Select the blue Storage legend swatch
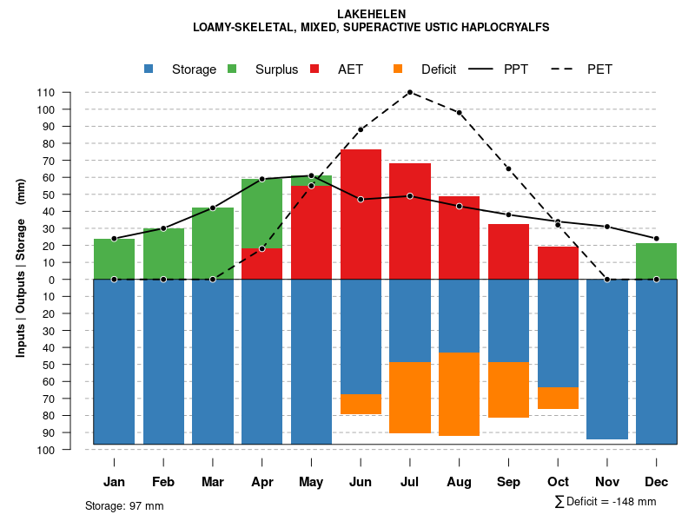149,69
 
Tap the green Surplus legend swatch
233,69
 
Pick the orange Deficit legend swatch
399,69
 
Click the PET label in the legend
599,69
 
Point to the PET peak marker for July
409,92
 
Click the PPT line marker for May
311,176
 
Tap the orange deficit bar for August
459,394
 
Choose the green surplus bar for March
213,243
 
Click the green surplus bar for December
657,260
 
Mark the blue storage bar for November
607,359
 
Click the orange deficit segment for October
558,398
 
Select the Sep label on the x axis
508,482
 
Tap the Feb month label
163,482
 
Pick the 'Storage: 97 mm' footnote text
124,505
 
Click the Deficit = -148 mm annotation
606,502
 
